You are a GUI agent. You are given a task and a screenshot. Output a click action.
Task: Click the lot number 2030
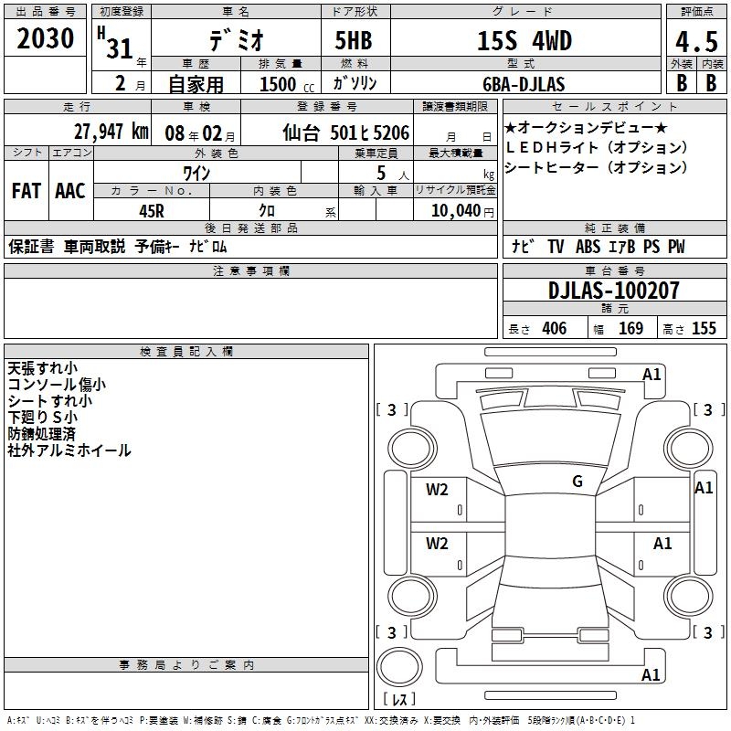(45, 38)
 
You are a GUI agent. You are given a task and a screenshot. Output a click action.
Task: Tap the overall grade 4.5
(696, 41)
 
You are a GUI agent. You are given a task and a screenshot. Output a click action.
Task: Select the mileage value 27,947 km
(111, 132)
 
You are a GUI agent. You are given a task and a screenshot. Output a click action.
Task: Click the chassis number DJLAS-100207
(613, 291)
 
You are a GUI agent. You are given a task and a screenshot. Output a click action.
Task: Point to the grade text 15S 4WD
(524, 41)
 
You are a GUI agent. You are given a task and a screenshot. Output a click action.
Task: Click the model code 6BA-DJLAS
(524, 84)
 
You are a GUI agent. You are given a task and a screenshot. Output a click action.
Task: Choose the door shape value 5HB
(354, 40)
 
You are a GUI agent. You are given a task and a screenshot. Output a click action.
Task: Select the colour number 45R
(152, 211)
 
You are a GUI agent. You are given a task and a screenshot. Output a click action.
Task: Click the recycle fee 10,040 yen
(462, 211)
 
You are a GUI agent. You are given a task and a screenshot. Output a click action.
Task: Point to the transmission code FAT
(26, 191)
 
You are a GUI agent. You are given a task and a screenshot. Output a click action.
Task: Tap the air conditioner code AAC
(70, 191)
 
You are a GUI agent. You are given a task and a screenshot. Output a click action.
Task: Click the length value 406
(555, 329)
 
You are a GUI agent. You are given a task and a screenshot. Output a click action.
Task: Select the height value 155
(704, 329)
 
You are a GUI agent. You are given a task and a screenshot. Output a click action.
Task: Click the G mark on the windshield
(577, 482)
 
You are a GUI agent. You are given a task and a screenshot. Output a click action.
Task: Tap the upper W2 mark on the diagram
(437, 490)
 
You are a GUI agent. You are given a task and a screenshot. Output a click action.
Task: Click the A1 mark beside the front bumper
(652, 375)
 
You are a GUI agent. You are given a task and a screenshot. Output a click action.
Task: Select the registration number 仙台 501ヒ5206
(346, 132)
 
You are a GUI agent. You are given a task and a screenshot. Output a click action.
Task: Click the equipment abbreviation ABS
(588, 247)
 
